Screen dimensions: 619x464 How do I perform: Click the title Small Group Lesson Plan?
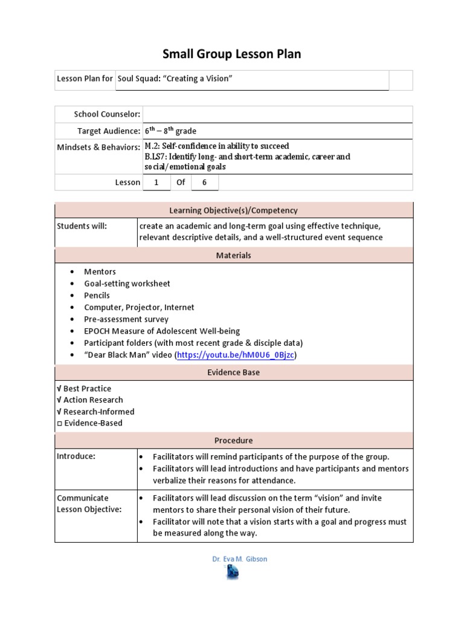[231, 54]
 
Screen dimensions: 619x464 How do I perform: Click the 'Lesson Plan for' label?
[85, 79]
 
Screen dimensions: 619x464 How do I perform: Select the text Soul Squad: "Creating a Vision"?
[175, 79]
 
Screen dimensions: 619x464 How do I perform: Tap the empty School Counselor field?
[278, 114]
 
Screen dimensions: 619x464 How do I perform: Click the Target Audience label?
[109, 131]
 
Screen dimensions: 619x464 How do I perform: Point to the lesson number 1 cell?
[156, 182]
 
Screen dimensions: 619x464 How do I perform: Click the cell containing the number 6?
[204, 182]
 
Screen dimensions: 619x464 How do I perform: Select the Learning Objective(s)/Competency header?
[233, 210]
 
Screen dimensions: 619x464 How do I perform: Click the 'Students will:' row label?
[82, 226]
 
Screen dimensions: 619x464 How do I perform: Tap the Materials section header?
[233, 256]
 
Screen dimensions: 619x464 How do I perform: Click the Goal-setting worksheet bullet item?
[127, 284]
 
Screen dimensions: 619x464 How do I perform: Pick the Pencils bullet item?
[97, 296]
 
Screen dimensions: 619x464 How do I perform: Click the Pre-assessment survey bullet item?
[126, 319]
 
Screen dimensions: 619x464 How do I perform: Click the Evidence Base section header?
[233, 372]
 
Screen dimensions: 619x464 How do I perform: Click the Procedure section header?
[233, 441]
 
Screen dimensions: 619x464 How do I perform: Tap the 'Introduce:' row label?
[76, 456]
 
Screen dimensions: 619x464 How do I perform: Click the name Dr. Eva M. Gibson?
[239, 559]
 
